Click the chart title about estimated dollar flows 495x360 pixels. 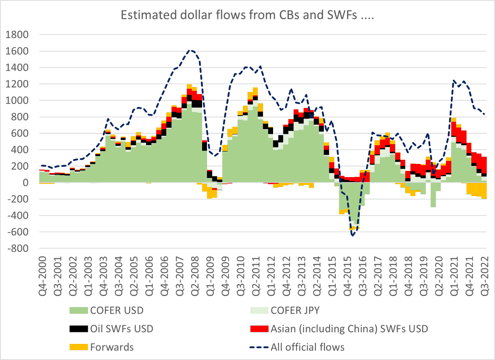point(247,16)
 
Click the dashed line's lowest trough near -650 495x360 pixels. point(353,236)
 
